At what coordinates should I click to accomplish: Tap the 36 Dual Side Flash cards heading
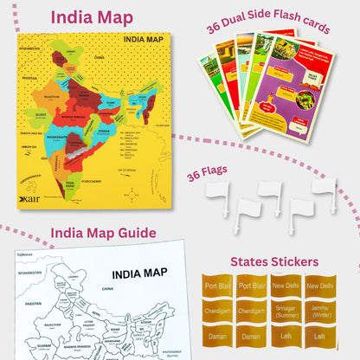(268, 26)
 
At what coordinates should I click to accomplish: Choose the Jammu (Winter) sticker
(318, 311)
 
